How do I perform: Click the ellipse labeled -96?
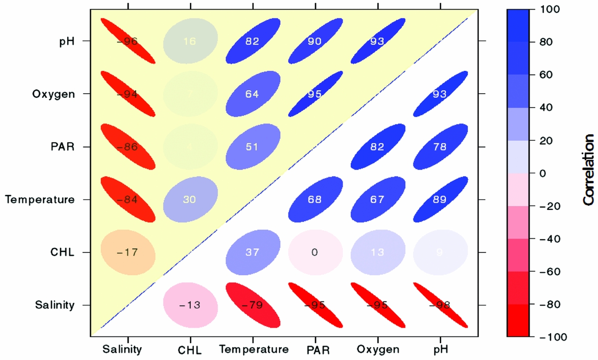tap(128, 41)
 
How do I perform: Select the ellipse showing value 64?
tap(253, 94)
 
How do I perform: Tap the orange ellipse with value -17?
tap(128, 252)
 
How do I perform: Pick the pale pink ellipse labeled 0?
tap(315, 252)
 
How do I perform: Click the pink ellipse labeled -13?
tap(191, 305)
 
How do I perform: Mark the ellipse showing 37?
tap(253, 252)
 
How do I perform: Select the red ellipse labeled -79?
tap(253, 305)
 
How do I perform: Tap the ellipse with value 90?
tap(315, 41)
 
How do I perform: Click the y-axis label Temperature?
tap(40, 200)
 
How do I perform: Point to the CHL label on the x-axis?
tap(190, 350)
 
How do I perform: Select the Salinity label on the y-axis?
tap(55, 305)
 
